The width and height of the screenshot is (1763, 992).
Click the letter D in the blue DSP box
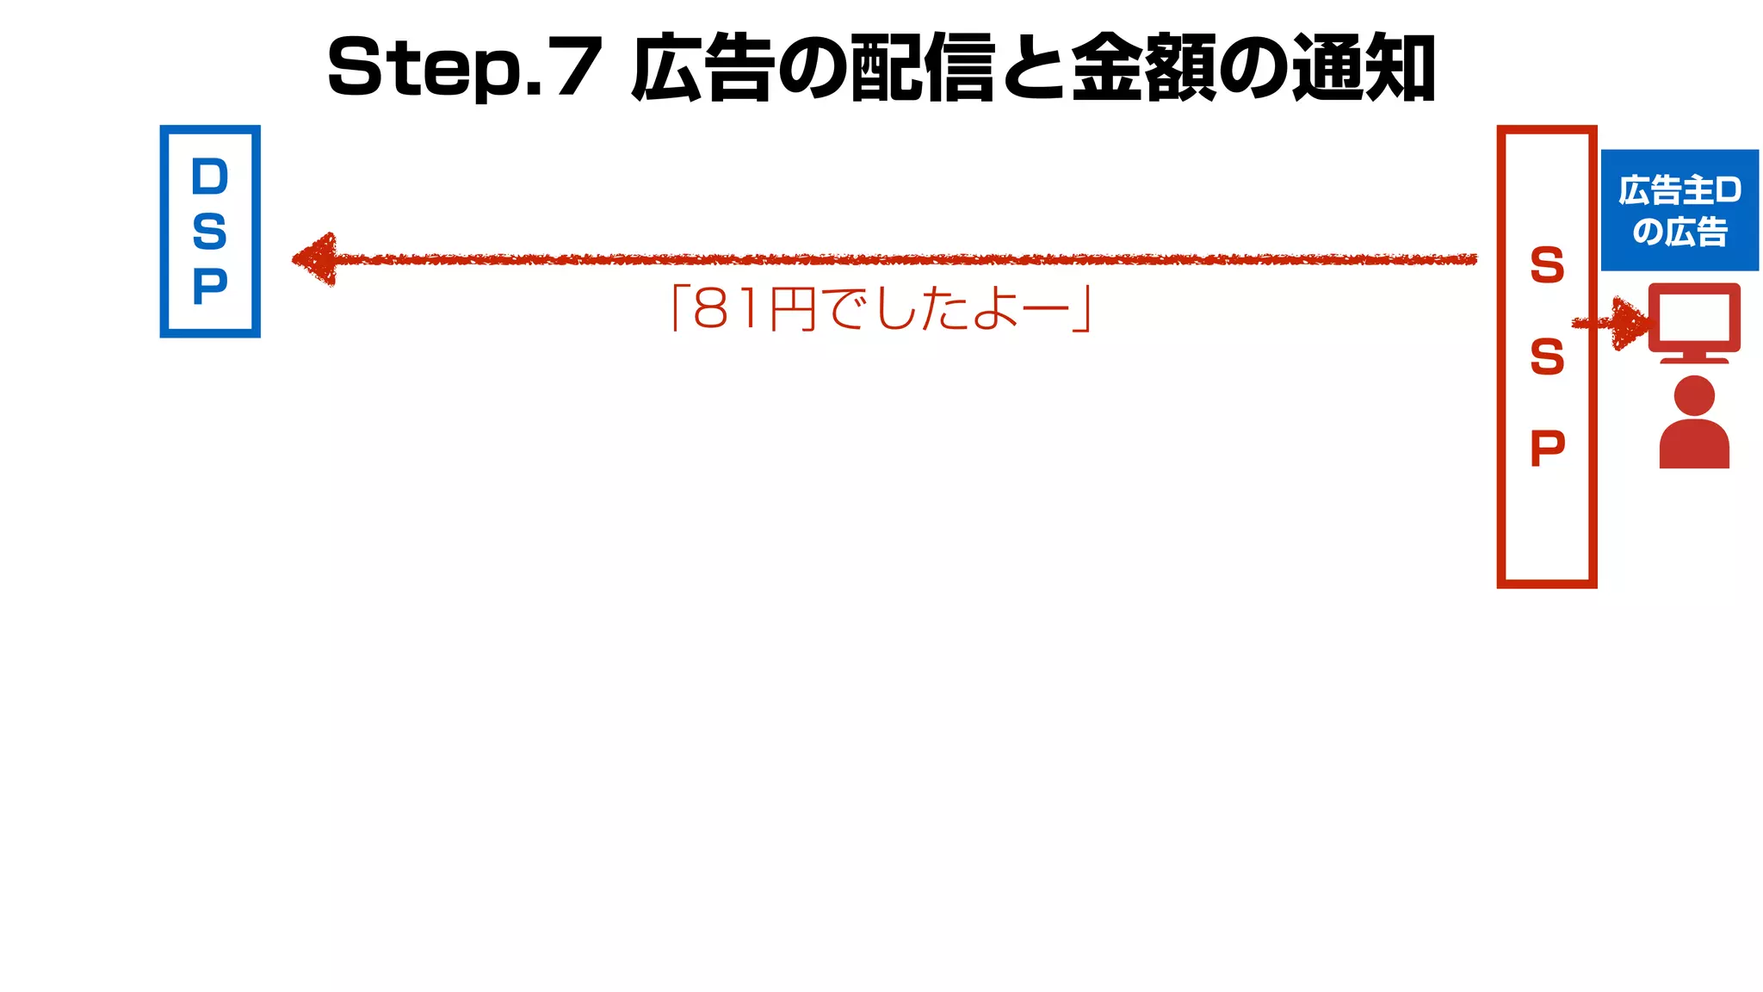tap(210, 177)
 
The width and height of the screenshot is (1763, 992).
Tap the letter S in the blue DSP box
tap(210, 232)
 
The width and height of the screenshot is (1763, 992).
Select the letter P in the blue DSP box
tap(210, 287)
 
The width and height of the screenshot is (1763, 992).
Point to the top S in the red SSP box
tap(1547, 265)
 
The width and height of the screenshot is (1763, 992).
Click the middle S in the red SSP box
tap(1547, 356)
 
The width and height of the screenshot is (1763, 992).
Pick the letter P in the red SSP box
tap(1547, 448)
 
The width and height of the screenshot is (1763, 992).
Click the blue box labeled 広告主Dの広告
tap(1679, 210)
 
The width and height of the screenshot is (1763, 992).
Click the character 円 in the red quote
tap(793, 310)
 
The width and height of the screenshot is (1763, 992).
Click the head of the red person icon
tap(1694, 395)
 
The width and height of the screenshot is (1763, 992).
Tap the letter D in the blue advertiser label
tap(1727, 190)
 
